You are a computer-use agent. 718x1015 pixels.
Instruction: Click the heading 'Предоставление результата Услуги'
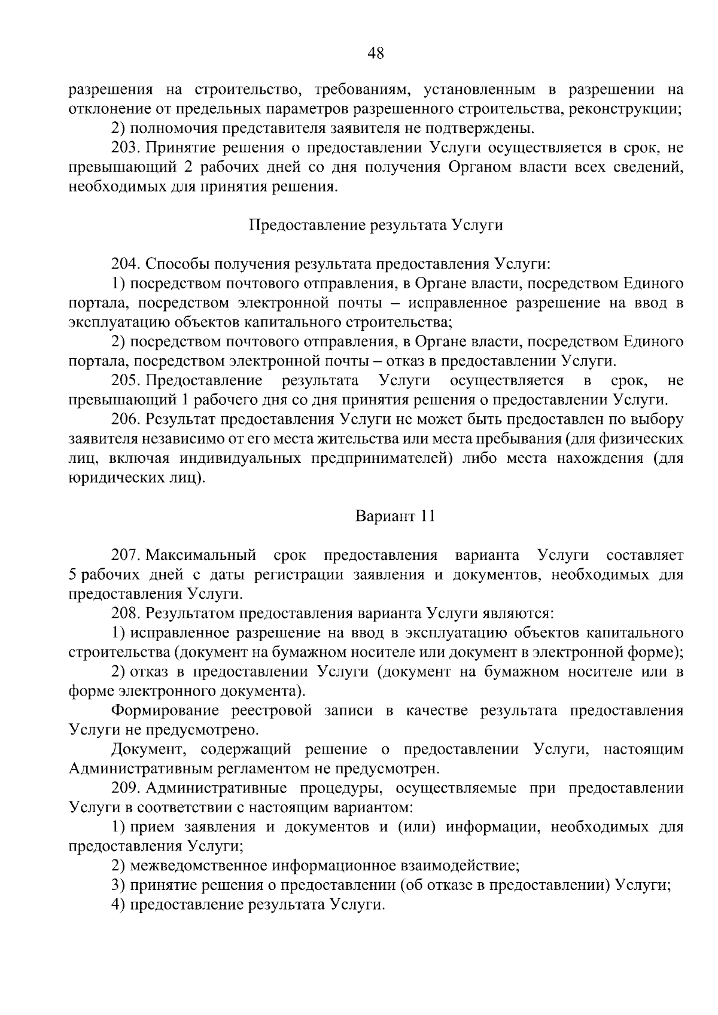(375, 225)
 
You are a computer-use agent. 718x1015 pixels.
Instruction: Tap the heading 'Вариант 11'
(395, 516)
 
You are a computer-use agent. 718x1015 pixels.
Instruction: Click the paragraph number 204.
(124, 264)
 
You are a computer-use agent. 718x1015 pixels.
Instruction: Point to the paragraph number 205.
(124, 380)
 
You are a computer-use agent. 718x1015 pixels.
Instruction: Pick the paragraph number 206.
(124, 419)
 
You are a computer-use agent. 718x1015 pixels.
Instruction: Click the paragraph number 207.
(124, 555)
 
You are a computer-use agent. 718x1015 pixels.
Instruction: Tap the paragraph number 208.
(124, 613)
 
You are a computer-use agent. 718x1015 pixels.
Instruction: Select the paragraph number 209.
(124, 788)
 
